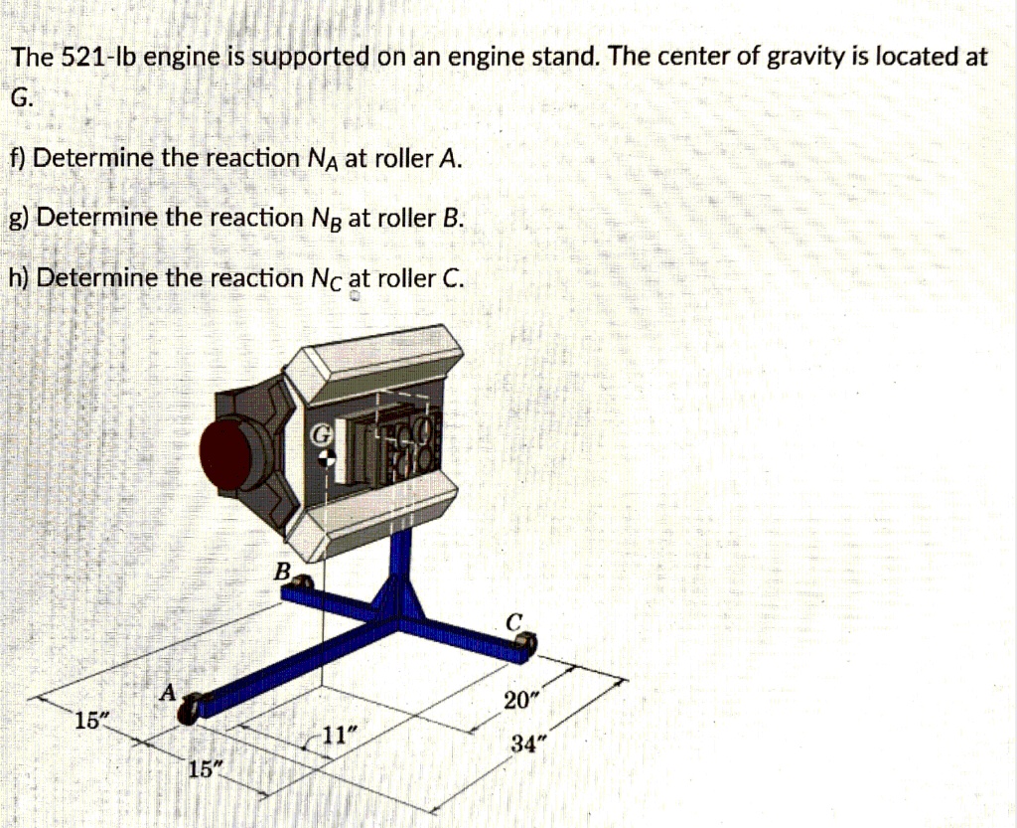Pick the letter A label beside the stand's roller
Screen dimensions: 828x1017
click(x=169, y=691)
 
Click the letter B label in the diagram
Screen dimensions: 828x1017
click(x=282, y=572)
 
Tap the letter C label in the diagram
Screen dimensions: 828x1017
click(x=512, y=623)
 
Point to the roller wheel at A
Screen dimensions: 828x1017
click(x=195, y=706)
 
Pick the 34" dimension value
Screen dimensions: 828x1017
click(x=528, y=745)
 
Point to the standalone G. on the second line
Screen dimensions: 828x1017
click(x=21, y=97)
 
